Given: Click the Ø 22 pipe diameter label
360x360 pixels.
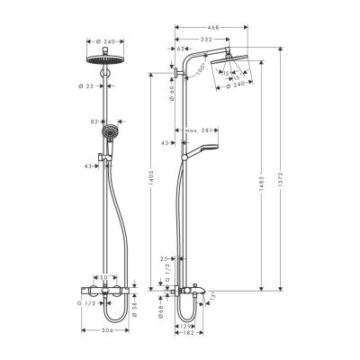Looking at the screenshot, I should [90, 87].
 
